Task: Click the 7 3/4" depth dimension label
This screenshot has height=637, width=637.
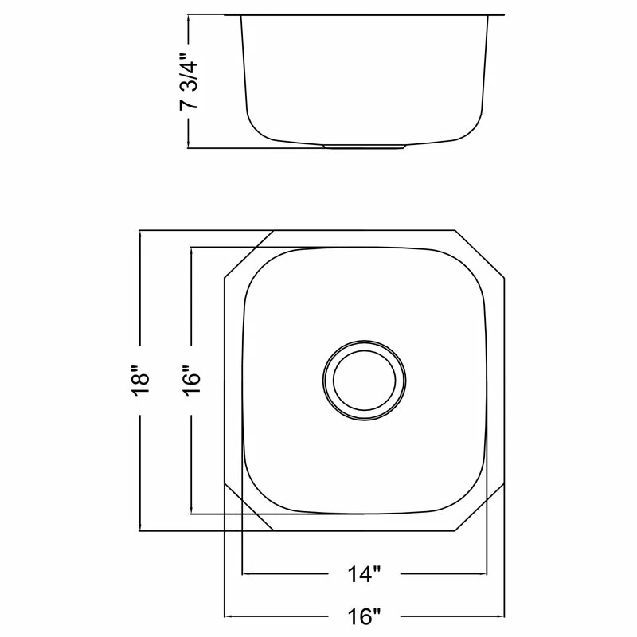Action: (189, 81)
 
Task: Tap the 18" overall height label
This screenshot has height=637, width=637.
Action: (141, 381)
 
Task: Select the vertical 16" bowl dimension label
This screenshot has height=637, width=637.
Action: (191, 381)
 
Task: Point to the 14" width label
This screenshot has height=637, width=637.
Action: (364, 574)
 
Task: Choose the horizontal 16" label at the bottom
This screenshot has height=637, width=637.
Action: (364, 616)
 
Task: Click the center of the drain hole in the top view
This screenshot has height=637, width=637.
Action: (364, 381)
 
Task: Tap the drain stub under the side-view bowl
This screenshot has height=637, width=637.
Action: (364, 147)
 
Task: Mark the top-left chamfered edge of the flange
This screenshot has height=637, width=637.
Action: (248, 254)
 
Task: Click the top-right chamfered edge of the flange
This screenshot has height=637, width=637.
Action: (480, 254)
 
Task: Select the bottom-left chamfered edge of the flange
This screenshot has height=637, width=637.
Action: (248, 507)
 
